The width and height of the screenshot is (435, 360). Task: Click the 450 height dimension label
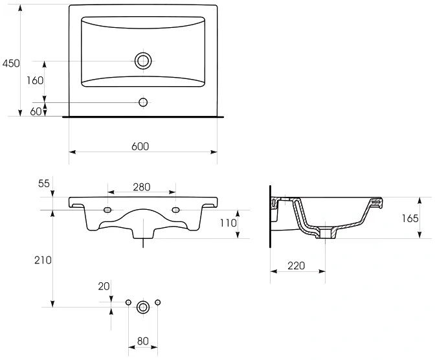coord(11,63)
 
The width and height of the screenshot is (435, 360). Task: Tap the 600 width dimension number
coord(140,146)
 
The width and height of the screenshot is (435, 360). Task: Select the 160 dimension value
coord(35,80)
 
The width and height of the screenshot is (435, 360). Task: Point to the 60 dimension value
coord(36,111)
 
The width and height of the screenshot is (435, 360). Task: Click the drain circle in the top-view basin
coord(143,61)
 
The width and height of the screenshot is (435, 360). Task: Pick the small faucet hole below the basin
coord(143,102)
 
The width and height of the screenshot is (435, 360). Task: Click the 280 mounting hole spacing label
coord(142,187)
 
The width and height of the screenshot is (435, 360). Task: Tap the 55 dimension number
coord(44,183)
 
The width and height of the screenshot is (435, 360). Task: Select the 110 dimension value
coord(229,223)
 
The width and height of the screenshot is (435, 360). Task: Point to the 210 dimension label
coord(43,260)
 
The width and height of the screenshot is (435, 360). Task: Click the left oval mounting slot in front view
coord(107,210)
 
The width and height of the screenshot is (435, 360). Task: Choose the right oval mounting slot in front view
coord(175,210)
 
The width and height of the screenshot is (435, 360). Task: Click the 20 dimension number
coord(104,286)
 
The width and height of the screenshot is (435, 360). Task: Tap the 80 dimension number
coord(143,341)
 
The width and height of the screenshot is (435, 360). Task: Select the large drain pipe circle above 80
coord(143,307)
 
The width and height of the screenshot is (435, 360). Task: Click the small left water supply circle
coord(128,302)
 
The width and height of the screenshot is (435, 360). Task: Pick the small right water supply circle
coord(157,302)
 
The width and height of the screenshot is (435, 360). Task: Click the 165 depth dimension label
coord(410,218)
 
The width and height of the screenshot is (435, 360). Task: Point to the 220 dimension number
coord(296,265)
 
